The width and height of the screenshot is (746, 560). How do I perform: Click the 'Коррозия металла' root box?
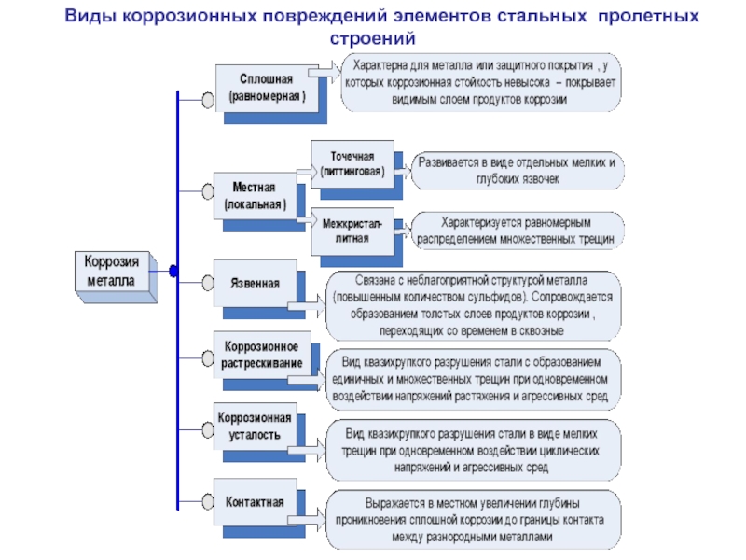111,272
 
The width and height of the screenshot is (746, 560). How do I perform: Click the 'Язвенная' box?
254,282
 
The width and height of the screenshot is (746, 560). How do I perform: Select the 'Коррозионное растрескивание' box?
262,355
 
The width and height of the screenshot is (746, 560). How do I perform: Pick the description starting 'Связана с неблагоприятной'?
471,304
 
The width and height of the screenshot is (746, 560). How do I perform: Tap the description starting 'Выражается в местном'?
471,518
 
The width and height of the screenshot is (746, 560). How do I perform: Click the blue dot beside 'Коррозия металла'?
173,272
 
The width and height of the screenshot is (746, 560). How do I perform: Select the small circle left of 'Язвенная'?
207,281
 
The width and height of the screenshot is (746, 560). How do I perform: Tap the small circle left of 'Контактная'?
207,501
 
